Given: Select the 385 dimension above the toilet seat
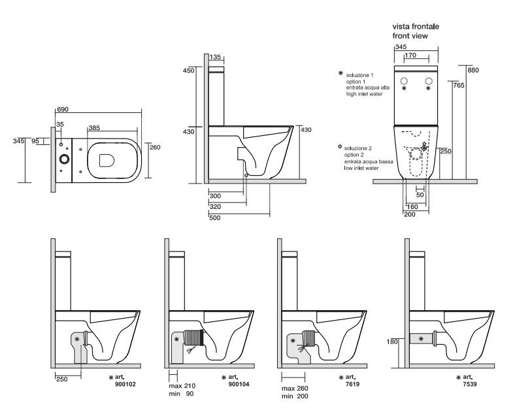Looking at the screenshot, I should click(95, 129).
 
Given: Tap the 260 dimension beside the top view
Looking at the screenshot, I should click(154, 147).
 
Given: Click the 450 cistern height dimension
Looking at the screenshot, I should click(189, 71).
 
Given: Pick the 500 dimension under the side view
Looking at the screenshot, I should click(214, 217).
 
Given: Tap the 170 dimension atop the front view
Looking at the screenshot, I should click(410, 56).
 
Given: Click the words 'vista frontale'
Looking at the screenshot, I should click(415, 26).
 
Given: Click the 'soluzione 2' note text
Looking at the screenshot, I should click(359, 150).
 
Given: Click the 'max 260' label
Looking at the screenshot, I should click(294, 388).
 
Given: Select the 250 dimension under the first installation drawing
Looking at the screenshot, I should click(63, 379).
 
